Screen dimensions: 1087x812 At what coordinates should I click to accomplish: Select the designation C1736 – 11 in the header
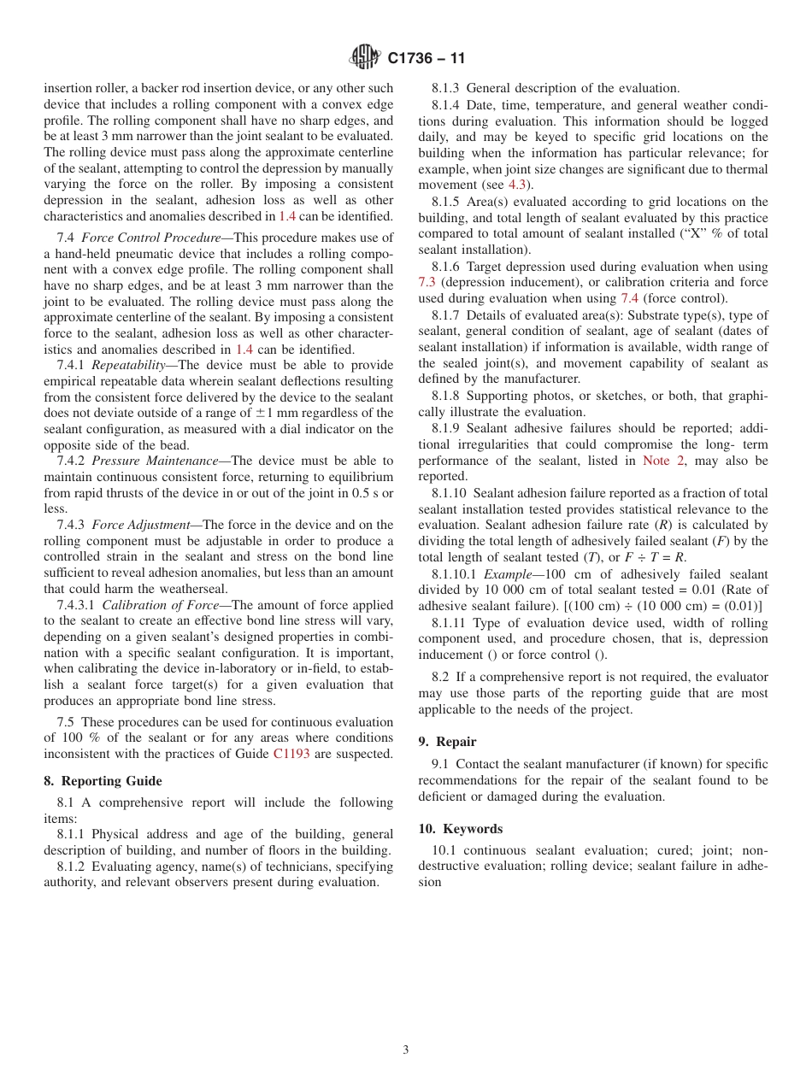[x=426, y=59]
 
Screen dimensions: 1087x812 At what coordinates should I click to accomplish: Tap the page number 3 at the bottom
[x=406, y=1050]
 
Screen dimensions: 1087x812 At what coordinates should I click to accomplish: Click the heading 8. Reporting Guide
[x=103, y=781]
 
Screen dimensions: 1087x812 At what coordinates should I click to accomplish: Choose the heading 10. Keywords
[x=460, y=829]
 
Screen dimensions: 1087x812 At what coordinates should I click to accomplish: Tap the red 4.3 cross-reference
[x=519, y=185]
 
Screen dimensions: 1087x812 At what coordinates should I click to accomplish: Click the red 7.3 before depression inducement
[x=427, y=283]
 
